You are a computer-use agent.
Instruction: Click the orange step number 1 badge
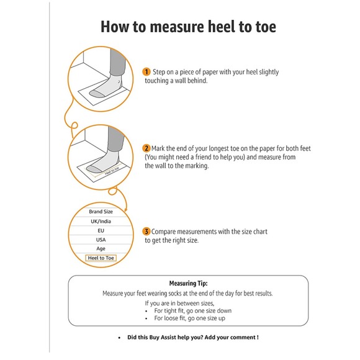tap(146, 72)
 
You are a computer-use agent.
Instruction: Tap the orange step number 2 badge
tap(146, 148)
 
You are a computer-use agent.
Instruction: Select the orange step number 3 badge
tap(146, 232)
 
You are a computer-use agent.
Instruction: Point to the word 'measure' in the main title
tap(176, 27)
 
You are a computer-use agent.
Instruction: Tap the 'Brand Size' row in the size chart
tap(101, 212)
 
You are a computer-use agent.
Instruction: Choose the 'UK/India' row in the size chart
tap(101, 222)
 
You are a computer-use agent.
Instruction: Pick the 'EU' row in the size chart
tap(101, 230)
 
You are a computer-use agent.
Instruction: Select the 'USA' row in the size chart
tap(101, 240)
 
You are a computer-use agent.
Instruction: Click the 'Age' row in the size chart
tap(101, 249)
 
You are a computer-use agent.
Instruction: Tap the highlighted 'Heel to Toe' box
tap(101, 258)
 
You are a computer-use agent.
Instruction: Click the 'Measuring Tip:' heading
tap(188, 283)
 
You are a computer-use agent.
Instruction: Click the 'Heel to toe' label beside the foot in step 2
tap(112, 171)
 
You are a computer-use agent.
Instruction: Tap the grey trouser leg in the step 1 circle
tap(117, 61)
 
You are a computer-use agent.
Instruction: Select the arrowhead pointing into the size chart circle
tap(125, 210)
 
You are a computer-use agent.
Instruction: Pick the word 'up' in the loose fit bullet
tap(222, 318)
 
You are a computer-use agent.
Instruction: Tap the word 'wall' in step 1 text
tap(181, 81)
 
